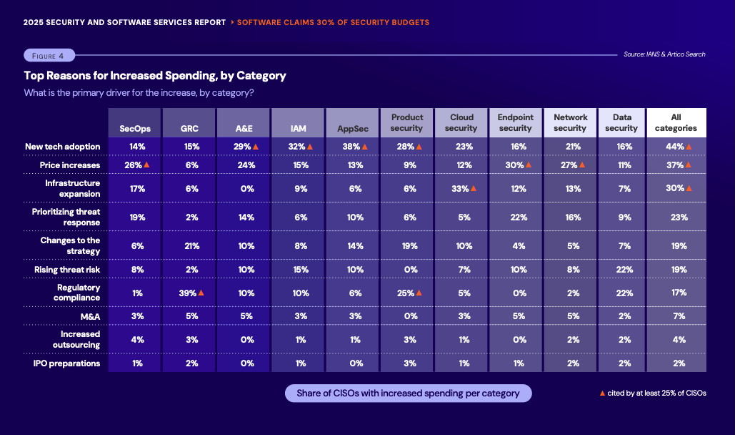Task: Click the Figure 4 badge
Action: point(49,56)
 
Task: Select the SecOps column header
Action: point(134,129)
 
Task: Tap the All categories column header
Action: point(676,122)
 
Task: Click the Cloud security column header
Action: point(461,122)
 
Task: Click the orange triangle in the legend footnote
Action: point(602,393)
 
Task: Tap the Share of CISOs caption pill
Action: point(408,394)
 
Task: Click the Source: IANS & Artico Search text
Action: point(664,54)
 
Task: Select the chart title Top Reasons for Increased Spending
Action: point(155,75)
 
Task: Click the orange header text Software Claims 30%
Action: point(333,22)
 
